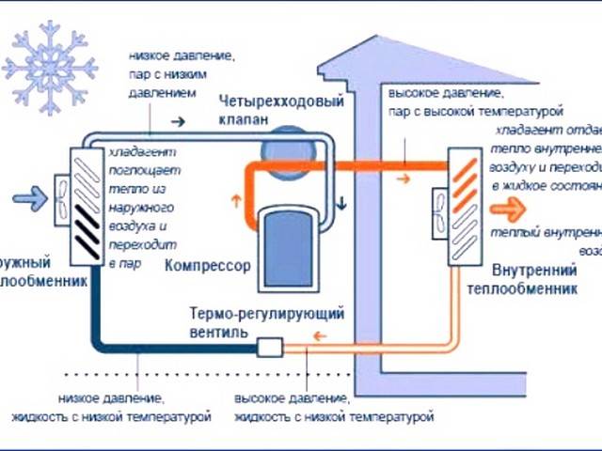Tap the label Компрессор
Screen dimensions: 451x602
pyautogui.click(x=207, y=266)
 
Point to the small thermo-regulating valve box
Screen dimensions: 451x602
pyautogui.click(x=270, y=349)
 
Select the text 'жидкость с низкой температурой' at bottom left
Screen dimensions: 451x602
pyautogui.click(x=111, y=414)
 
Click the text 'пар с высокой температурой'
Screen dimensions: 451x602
pyautogui.click(x=489, y=111)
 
